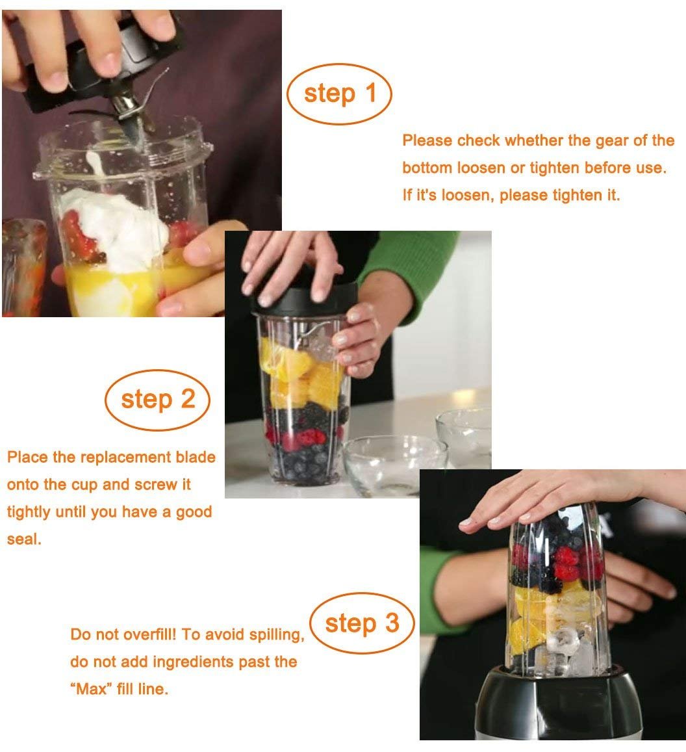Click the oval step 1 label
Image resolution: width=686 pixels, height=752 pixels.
[x=339, y=94]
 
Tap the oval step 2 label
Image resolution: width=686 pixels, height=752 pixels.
[x=158, y=400]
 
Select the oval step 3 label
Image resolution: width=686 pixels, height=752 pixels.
[x=362, y=623]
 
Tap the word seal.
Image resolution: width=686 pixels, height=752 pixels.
[x=24, y=539]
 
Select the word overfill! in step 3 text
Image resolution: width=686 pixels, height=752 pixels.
[x=149, y=634]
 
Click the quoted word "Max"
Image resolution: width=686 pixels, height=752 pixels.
[x=91, y=689]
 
